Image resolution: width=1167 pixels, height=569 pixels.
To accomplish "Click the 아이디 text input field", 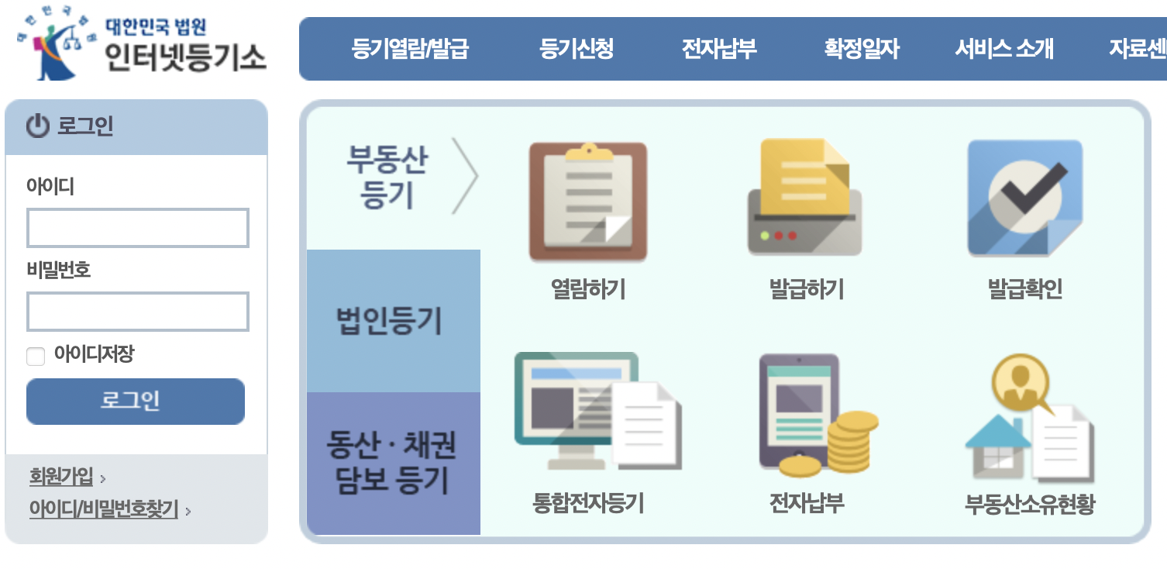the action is pos(138,228).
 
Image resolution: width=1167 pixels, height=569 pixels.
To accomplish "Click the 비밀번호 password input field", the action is pos(138,312).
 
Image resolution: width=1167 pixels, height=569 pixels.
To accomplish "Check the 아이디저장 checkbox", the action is pos(36,357).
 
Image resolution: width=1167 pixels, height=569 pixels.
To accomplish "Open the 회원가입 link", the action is pos(61,476).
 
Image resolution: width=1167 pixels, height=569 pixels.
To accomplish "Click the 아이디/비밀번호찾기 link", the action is pos(104,510).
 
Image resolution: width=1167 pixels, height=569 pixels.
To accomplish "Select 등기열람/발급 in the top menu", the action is pos(410,50).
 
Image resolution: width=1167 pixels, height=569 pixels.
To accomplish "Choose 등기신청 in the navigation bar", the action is pos(577,50).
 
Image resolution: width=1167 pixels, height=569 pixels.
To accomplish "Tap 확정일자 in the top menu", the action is pos(862,50).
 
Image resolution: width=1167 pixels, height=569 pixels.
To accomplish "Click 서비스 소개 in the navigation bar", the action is pos(1003,50).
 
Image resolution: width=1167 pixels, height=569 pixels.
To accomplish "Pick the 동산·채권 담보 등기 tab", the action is pos(392,463).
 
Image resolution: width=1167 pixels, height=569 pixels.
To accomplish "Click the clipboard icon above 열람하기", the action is pos(587,201).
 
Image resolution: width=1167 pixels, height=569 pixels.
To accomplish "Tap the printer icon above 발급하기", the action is pos(804,198).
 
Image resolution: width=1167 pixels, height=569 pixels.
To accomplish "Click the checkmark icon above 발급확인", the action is pos(1024,198).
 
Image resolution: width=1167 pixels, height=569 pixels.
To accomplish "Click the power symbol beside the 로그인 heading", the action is pos(37,126).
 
